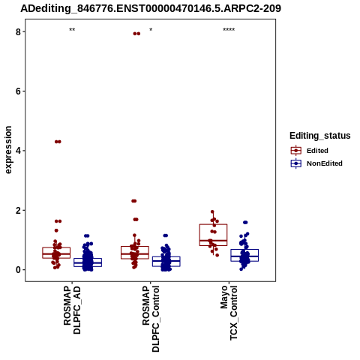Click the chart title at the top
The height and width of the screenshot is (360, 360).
click(151, 8)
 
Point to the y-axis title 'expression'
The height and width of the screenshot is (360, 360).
click(8, 150)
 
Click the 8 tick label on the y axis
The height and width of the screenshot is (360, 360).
click(18, 31)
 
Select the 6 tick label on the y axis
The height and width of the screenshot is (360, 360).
click(18, 91)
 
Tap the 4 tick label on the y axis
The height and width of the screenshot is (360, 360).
click(18, 151)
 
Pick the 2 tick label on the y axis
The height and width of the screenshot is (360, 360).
click(18, 210)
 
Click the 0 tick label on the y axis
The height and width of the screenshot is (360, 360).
click(18, 270)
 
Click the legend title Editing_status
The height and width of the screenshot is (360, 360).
click(320, 136)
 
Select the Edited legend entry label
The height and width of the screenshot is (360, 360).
click(317, 151)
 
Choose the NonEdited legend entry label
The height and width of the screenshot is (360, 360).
click(325, 163)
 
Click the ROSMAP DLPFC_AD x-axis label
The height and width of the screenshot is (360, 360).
click(72, 309)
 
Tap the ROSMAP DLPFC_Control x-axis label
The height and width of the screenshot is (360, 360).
click(151, 319)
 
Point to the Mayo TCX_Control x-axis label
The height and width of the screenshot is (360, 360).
click(229, 313)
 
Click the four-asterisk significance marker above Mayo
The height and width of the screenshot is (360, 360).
click(229, 30)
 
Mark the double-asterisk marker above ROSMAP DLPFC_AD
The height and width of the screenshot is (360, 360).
click(72, 30)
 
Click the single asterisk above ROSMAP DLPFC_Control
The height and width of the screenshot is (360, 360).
click(151, 29)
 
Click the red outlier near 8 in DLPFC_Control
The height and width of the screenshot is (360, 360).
click(136, 34)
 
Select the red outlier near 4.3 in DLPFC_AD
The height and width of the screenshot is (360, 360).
click(58, 142)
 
